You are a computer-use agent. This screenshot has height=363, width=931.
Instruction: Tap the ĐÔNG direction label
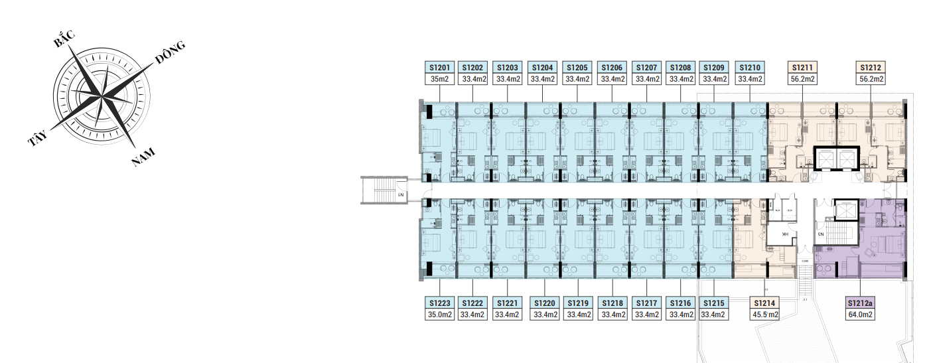pos(169,52)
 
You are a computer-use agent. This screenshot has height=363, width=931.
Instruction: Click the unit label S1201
pos(439,67)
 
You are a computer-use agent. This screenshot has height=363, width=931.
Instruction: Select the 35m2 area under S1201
pos(439,79)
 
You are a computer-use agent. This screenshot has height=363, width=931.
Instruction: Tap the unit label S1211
pos(802,67)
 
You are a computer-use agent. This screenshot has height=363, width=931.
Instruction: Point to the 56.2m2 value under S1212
pos(871,79)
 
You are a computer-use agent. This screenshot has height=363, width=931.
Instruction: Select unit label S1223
pos(439,303)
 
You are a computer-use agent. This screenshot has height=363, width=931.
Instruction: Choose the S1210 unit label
pos(750,67)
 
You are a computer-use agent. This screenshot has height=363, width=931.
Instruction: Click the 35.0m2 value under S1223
pos(439,315)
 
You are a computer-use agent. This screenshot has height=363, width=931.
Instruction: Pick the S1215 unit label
pos(715,303)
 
